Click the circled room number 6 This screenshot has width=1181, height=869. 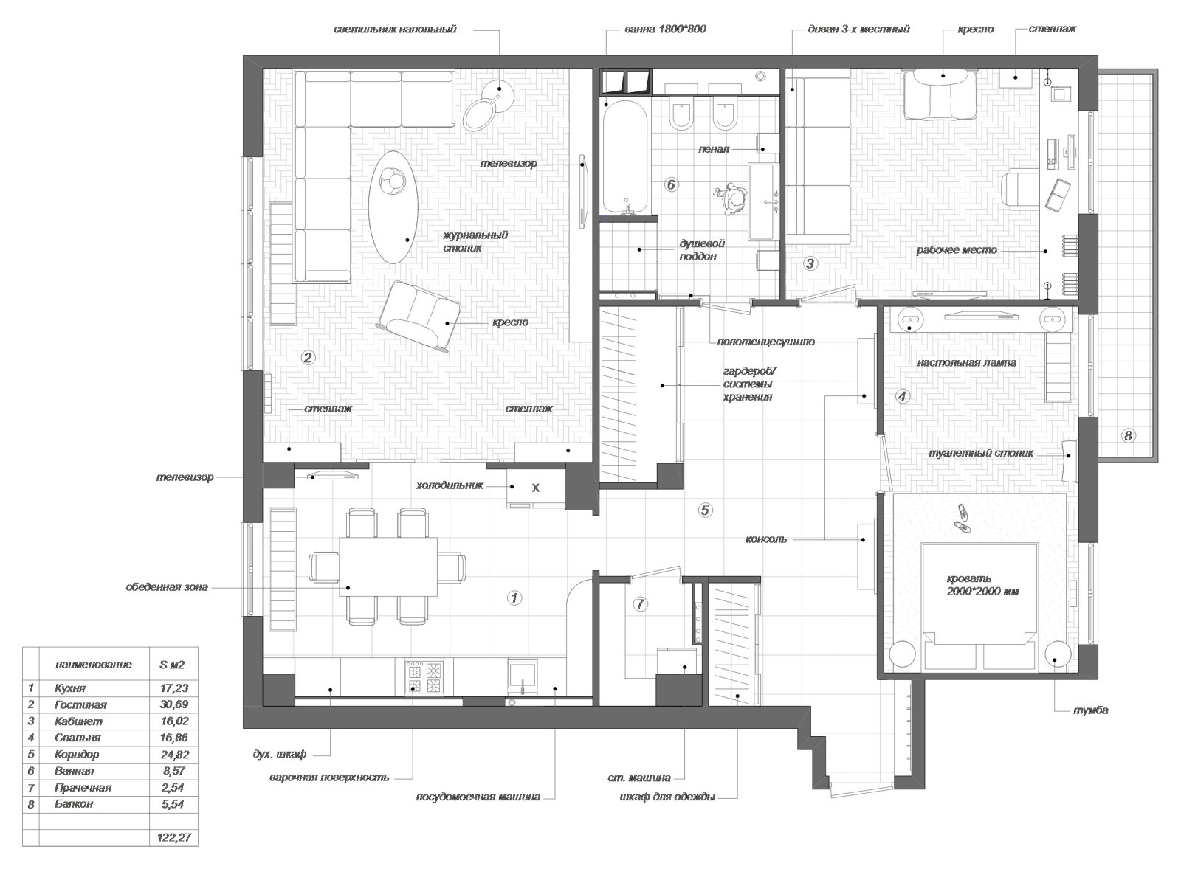671,185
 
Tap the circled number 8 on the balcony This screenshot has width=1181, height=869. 1128,435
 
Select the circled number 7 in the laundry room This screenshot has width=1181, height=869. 640,604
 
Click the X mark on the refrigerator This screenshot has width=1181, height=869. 536,488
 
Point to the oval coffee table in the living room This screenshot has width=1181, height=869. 393,207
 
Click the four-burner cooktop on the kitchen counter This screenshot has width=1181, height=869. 424,677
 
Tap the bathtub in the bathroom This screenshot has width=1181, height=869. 626,157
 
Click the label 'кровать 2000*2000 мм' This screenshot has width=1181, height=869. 982,585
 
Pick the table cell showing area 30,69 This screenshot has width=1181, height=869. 174,704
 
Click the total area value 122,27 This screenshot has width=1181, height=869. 174,837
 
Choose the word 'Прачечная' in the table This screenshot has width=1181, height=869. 83,788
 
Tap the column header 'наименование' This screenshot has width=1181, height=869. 93,665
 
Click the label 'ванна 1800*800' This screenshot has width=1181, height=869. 665,30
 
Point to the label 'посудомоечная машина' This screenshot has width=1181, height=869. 478,797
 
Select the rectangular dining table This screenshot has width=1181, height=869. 388,567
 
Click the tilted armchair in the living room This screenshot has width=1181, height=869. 419,316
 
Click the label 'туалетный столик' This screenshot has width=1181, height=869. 981,453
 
